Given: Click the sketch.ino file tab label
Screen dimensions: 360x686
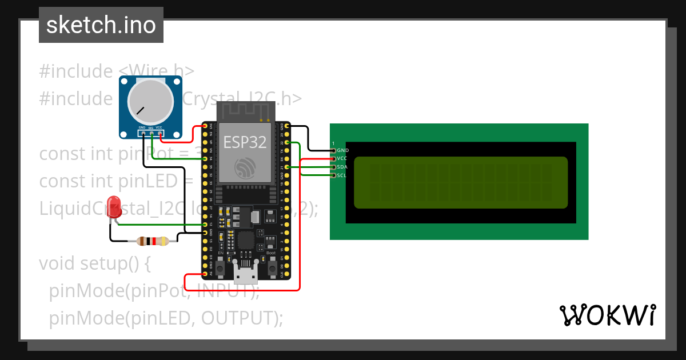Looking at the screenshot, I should tap(101, 25).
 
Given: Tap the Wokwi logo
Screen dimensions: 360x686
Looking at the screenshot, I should tap(607, 315).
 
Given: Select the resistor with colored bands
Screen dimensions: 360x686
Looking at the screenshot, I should tap(153, 241).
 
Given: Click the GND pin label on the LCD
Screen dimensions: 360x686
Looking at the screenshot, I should tap(342, 150).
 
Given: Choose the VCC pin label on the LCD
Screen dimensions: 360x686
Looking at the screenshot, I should tap(342, 158).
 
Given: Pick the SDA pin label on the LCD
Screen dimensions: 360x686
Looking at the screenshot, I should tap(342, 167).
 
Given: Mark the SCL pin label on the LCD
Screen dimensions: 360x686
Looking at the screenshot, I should tap(341, 175).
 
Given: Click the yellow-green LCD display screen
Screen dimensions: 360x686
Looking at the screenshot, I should tap(461, 182).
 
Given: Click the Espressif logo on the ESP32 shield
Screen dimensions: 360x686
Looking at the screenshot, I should tap(245, 167).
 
